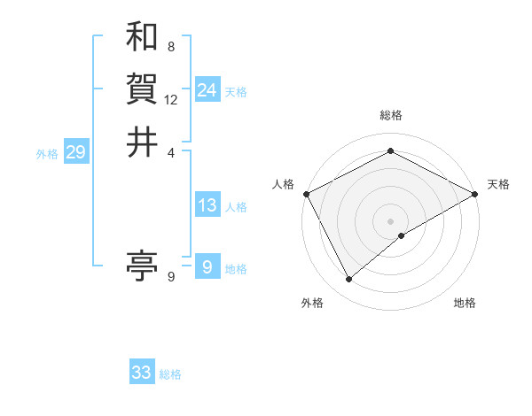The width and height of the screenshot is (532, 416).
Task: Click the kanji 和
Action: click(x=142, y=36)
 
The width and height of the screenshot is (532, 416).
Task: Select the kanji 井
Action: click(x=142, y=142)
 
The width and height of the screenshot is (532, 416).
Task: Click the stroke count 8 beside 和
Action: click(x=170, y=46)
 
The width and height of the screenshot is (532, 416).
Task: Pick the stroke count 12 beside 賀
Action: click(x=171, y=99)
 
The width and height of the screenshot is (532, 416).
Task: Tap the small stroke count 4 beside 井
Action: click(x=171, y=151)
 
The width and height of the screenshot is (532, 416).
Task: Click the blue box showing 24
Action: click(x=207, y=90)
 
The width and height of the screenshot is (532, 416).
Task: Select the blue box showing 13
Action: click(x=207, y=205)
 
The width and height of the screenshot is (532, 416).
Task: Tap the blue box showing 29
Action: click(x=75, y=152)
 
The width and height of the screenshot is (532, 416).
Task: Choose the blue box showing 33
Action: click(x=142, y=373)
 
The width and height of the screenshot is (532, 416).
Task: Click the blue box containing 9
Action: click(x=207, y=267)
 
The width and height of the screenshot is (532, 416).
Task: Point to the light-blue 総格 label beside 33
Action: click(x=170, y=374)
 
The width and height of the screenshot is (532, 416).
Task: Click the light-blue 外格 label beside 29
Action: click(x=47, y=154)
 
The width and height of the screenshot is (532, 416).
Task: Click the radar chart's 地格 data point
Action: click(x=402, y=235)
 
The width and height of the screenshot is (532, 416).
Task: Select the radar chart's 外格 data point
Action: click(x=348, y=280)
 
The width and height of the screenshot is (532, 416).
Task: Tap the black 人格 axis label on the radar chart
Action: click(x=283, y=184)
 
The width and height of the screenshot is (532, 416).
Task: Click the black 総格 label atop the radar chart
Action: click(x=391, y=115)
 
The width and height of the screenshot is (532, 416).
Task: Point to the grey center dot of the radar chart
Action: click(x=390, y=220)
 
